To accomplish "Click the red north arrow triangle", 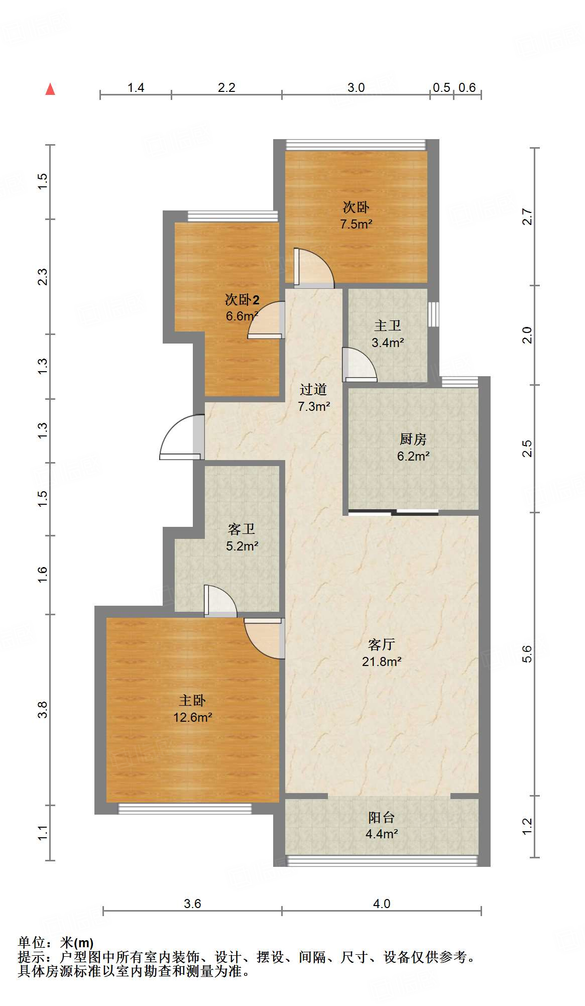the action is click(x=50, y=89).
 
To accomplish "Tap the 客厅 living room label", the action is click(x=382, y=644).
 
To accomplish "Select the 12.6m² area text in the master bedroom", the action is click(x=193, y=717).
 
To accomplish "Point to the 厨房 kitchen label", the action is click(x=413, y=439).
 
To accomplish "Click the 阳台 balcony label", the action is click(x=382, y=817).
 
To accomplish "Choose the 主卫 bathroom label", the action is click(x=388, y=325).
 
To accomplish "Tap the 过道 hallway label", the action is click(x=313, y=389).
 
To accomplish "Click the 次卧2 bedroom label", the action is click(x=242, y=300).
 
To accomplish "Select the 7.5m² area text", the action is click(x=356, y=224).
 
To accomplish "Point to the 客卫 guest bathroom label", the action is click(x=242, y=529).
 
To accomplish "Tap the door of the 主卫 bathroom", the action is click(x=360, y=365).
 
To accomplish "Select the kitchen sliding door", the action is click(x=394, y=512).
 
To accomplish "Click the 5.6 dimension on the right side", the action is click(x=527, y=654).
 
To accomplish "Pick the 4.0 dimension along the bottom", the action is click(x=382, y=904).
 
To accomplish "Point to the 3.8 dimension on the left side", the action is click(x=43, y=709).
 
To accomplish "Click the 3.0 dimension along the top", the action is click(x=356, y=87).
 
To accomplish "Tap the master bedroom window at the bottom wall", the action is click(x=185, y=808).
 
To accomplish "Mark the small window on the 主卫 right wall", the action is click(x=433, y=314).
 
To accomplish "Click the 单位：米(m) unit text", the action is click(x=56, y=943).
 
